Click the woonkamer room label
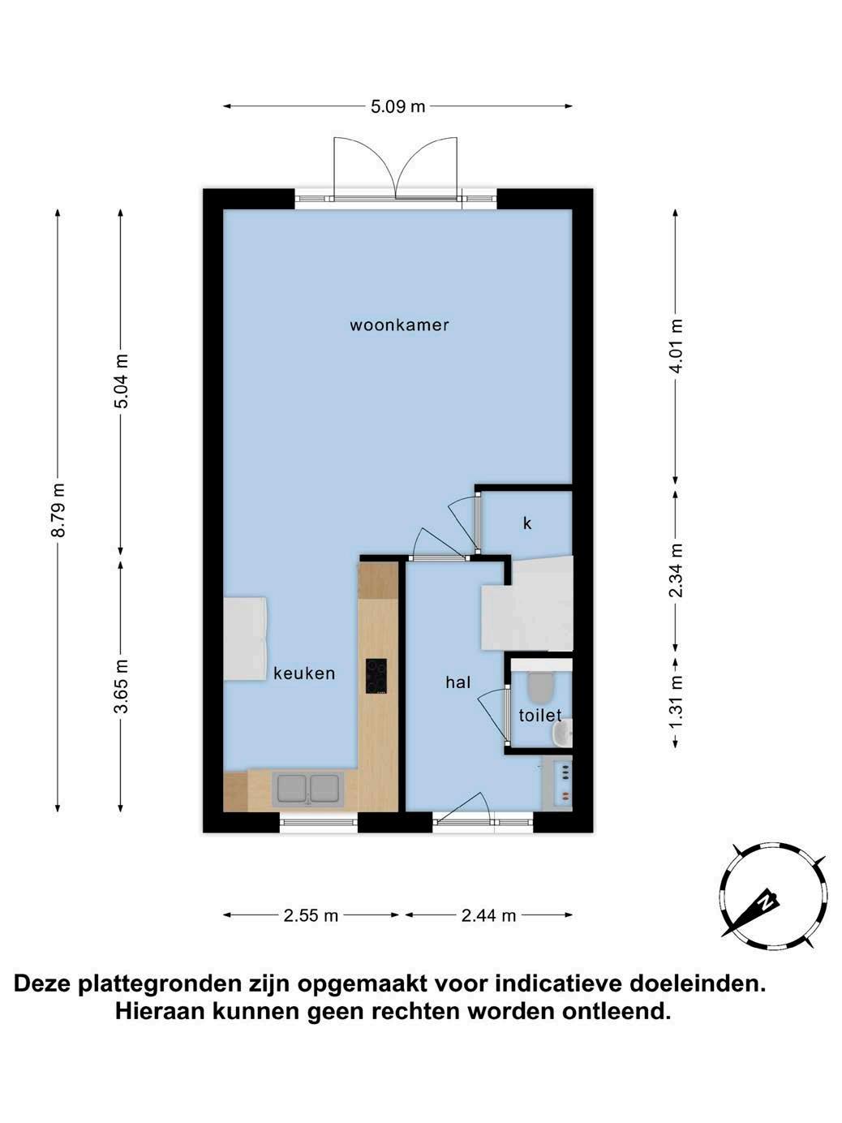pyautogui.click(x=399, y=325)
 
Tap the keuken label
pyautogui.click(x=304, y=673)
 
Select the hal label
pyautogui.click(x=458, y=682)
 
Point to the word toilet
pyautogui.click(x=540, y=715)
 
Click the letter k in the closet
pyautogui.click(x=527, y=523)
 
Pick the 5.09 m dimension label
pyautogui.click(x=397, y=106)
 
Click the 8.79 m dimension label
pyautogui.click(x=58, y=510)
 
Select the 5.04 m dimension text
pyautogui.click(x=121, y=381)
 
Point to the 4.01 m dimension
pyautogui.click(x=677, y=346)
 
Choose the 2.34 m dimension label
pyautogui.click(x=677, y=570)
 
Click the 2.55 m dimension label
pyautogui.click(x=311, y=915)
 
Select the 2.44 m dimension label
pyautogui.click(x=488, y=915)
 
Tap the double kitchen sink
pyautogui.click(x=308, y=788)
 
